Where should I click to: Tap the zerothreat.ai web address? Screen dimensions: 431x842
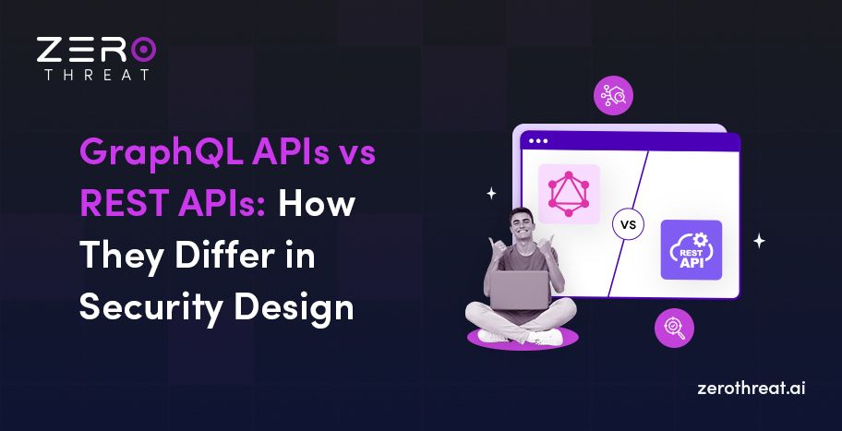752,389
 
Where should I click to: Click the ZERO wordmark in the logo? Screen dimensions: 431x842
96,50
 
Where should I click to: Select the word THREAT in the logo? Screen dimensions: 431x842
96,75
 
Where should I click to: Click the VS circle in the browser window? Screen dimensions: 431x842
628,224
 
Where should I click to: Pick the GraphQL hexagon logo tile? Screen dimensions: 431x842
569,195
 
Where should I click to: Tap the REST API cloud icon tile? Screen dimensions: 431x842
691,250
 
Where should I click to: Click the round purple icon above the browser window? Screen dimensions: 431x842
614,96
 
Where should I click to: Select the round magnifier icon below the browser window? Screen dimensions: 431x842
674,328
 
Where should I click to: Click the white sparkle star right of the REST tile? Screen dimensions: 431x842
759,241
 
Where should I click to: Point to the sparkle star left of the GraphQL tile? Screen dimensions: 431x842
491,194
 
